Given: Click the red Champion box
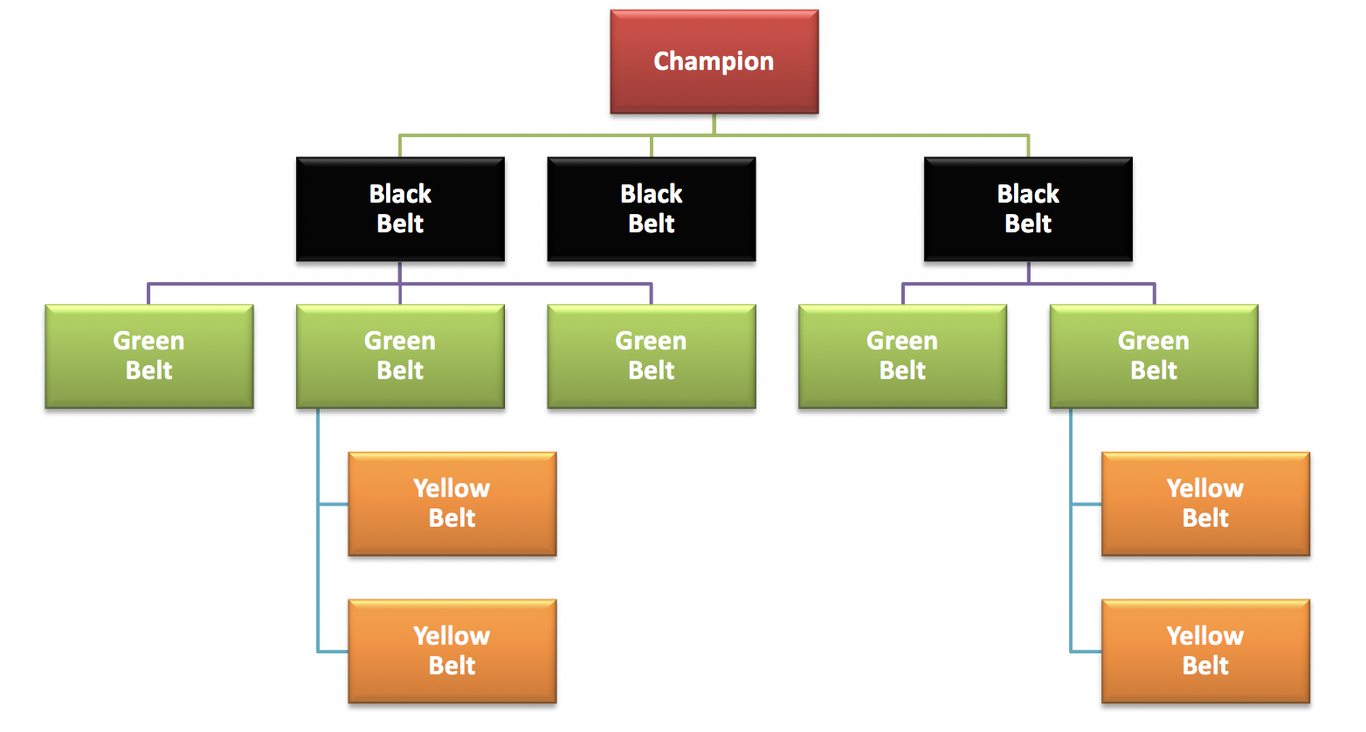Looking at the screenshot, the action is [714, 62].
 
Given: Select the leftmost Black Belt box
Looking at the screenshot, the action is [400, 210].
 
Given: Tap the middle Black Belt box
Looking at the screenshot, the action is [652, 210].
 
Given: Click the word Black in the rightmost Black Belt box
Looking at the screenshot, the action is [1028, 194].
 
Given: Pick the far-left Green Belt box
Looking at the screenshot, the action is [148, 356].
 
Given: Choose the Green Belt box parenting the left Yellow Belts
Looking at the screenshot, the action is [400, 356].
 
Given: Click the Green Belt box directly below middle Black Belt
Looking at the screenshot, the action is [652, 356].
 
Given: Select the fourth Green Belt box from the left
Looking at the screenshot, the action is [902, 356].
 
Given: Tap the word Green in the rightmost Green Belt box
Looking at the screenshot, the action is [1154, 341].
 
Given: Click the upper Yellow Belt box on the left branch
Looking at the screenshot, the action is [452, 504].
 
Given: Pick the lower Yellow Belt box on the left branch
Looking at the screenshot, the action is [452, 652].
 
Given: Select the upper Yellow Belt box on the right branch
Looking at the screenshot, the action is [1205, 504].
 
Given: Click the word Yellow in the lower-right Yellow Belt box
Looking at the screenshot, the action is [1205, 636].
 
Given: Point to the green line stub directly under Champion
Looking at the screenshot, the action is [714, 124].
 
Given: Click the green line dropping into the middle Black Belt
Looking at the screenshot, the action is [652, 147].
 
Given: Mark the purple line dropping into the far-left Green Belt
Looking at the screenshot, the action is [148, 294].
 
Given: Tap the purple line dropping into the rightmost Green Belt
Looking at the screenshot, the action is [1155, 294].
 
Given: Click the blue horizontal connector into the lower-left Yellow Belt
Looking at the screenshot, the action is [333, 652].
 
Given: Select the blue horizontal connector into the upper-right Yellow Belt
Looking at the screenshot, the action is [1087, 504].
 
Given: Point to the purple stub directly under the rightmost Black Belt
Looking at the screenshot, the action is [1029, 272].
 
